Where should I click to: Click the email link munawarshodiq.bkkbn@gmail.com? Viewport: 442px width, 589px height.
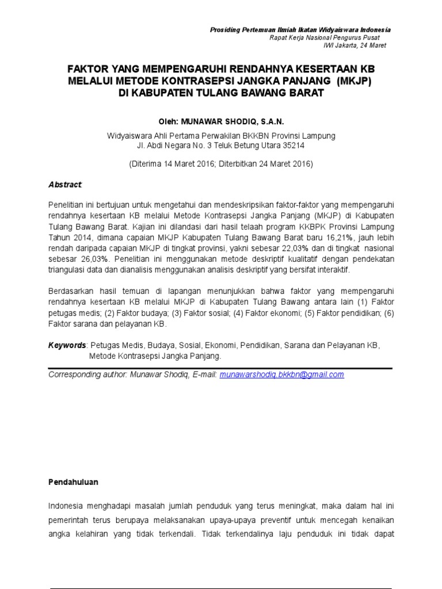[x=282, y=374]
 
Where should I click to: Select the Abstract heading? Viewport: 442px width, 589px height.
[x=65, y=185]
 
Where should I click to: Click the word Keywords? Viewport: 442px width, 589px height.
[x=66, y=346]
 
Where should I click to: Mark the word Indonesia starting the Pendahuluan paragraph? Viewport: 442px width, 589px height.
[x=66, y=506]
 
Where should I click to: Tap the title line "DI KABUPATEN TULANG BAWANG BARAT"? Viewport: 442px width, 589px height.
[x=221, y=93]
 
